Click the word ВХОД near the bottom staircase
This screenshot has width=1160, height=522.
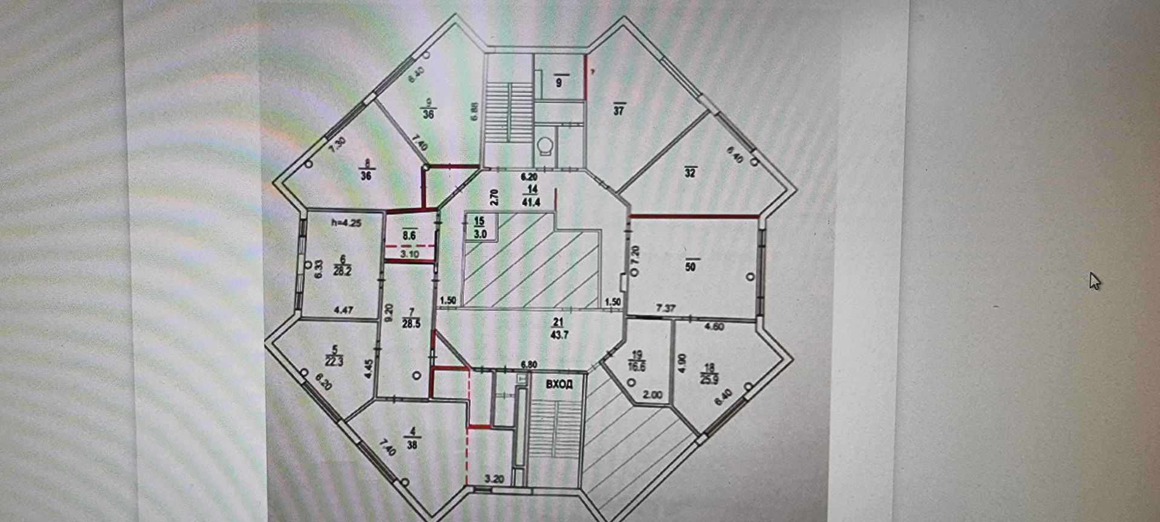[559, 384]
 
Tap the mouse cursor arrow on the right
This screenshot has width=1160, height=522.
[1095, 282]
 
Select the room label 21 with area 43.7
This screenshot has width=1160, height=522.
[559, 329]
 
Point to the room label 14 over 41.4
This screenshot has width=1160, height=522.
[531, 196]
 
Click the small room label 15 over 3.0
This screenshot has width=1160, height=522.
[480, 228]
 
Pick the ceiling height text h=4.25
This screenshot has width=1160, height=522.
[346, 222]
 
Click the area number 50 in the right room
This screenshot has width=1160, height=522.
[691, 265]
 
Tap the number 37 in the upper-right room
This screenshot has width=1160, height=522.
[619, 110]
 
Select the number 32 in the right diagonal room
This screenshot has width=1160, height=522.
[690, 172]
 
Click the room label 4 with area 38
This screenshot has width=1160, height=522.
[413, 438]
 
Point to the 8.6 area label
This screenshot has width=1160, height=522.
[409, 234]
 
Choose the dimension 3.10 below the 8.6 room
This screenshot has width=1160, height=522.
[410, 254]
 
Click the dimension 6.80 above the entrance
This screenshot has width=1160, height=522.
[529, 365]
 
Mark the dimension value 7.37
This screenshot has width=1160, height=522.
[665, 308]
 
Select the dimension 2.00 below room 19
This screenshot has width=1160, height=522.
[652, 395]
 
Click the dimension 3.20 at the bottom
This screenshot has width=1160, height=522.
[494, 480]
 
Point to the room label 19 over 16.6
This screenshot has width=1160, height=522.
[637, 361]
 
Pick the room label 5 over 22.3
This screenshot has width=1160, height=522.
[334, 356]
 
